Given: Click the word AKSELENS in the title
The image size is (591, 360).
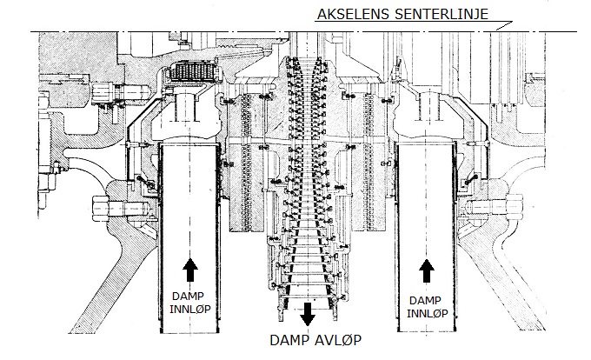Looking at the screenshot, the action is pos(353,14).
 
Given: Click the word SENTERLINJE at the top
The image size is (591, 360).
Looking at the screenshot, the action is pos(442,14).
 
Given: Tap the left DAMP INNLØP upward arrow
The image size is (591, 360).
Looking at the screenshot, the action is pos(190,270).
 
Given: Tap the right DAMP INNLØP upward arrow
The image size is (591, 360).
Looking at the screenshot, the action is pos(427,270).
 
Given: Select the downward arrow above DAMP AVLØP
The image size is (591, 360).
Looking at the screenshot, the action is pos(308,314).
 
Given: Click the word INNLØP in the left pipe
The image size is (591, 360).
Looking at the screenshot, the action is pos(190,309).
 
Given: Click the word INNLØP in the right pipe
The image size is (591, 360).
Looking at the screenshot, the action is pos(427,313).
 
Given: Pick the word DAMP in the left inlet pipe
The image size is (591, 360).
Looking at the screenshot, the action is pos(188,297).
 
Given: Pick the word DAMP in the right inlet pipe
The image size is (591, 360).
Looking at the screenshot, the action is pos(425,301).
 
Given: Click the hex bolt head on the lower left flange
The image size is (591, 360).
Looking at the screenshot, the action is pos(101,208).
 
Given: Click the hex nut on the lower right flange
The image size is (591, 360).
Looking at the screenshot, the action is pos(515,206).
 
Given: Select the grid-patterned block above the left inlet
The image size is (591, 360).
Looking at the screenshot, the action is pos(191,71).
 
